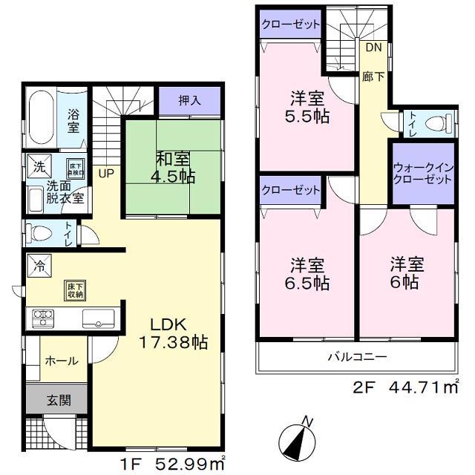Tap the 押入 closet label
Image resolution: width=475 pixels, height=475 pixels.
(x=189, y=98)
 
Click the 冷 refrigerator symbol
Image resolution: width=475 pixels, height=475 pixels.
(x=36, y=264)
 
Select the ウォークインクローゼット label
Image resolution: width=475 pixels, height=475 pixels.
(x=423, y=174)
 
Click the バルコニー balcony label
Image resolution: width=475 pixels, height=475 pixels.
(x=358, y=357)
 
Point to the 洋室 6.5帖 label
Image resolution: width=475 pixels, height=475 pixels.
(x=308, y=274)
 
